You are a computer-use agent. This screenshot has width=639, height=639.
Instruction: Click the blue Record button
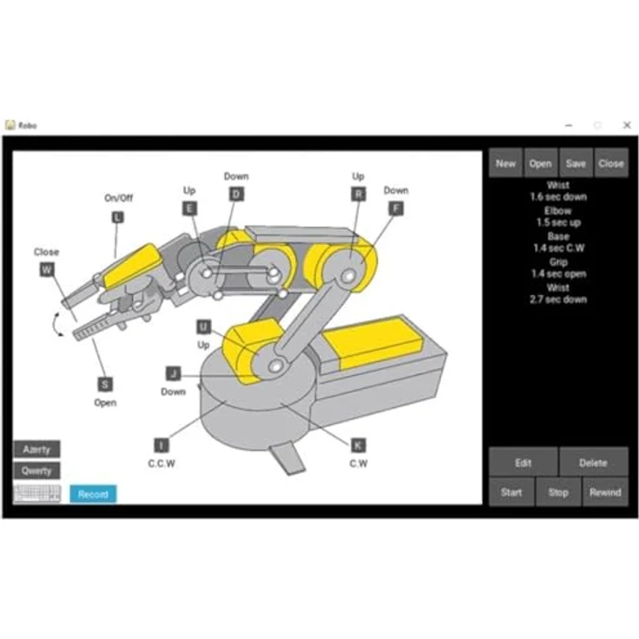[93, 494]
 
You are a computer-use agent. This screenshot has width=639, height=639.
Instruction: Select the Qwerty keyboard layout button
[36, 471]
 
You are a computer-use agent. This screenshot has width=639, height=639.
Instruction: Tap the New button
[505, 163]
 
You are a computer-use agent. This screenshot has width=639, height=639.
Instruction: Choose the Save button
[576, 163]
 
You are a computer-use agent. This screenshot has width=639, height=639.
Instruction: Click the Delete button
[593, 463]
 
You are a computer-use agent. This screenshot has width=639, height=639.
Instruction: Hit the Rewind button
[605, 492]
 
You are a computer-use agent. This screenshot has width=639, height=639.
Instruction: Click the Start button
[511, 492]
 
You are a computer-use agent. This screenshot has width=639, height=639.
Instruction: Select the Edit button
[524, 463]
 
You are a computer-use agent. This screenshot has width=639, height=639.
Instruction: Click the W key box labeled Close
[47, 269]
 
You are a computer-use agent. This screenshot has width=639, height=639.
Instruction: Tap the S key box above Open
[105, 385]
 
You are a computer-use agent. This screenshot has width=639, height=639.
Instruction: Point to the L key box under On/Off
[118, 217]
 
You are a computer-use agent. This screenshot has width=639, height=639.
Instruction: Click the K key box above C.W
[359, 445]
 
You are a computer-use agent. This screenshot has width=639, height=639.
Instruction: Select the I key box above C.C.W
[161, 445]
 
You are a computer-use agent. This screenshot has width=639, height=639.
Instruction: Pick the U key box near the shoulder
[204, 326]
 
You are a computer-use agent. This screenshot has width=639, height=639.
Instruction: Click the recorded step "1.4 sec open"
[559, 273]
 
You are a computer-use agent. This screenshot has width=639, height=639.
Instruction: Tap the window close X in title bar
[627, 125]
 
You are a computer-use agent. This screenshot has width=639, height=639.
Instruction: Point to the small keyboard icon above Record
[37, 493]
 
